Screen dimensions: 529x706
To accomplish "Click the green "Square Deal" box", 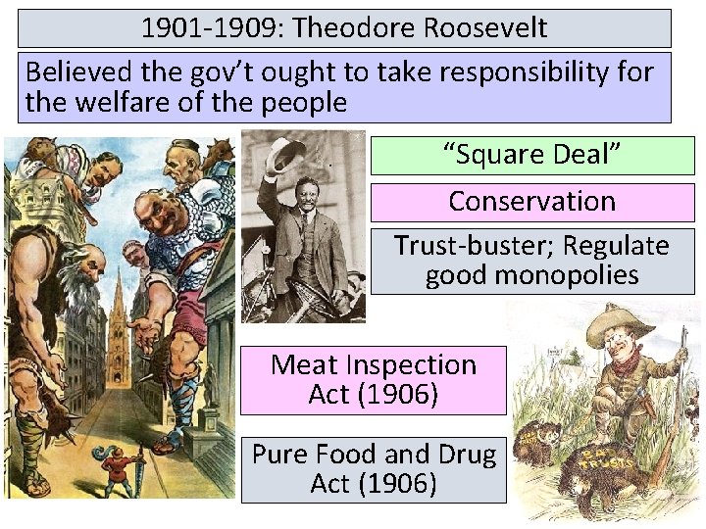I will [x=531, y=155].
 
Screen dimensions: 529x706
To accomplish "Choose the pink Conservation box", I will [x=531, y=202].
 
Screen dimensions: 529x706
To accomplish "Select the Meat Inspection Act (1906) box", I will [x=374, y=380].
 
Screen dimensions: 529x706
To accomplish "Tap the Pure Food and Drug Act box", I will [x=374, y=469].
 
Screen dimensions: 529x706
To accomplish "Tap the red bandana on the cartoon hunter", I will [x=625, y=361].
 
